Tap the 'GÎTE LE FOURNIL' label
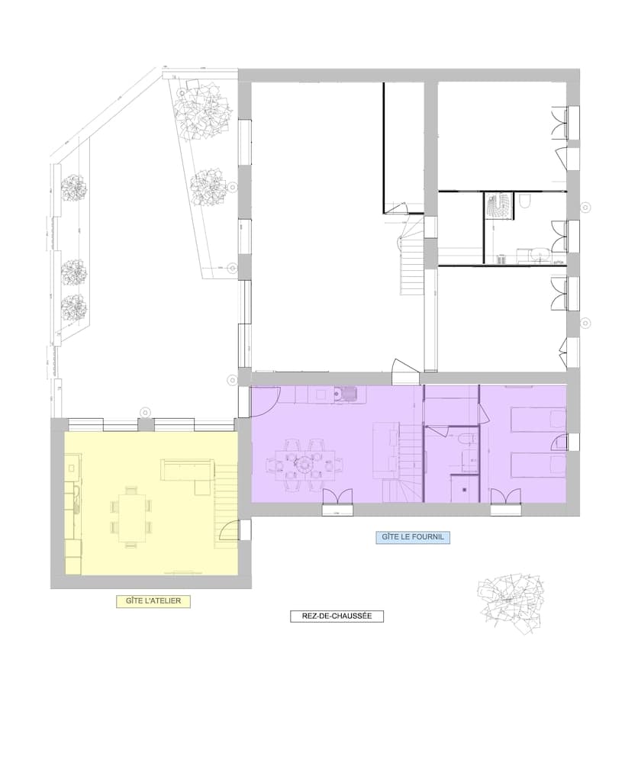click(x=413, y=537)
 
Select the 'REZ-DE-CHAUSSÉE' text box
click(x=337, y=616)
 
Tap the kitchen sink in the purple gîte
click(x=350, y=394)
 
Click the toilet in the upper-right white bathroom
click(x=525, y=202)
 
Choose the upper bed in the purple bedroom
click(x=537, y=420)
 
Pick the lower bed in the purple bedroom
click(x=537, y=465)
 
